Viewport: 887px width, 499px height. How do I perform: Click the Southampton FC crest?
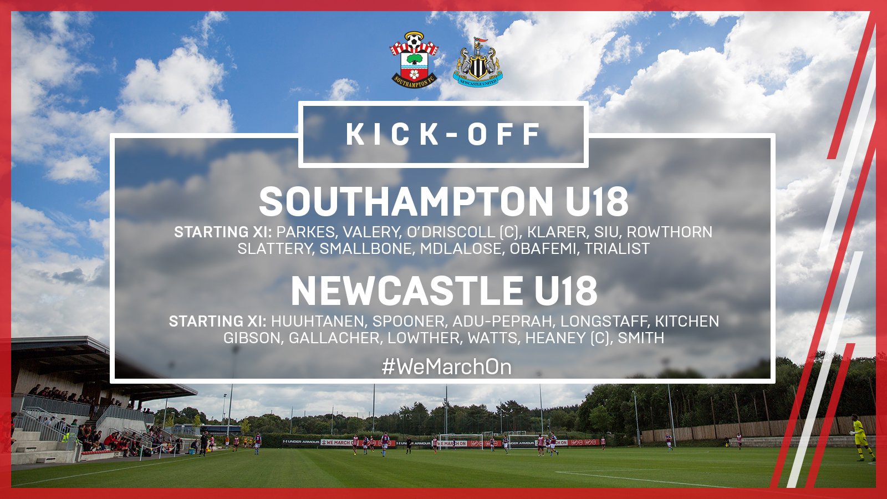pos(414,59)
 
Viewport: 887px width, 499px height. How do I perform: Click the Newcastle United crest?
pos(477,62)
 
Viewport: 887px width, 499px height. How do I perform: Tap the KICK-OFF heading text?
pos(443,134)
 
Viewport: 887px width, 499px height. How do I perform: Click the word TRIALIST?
pos(617,249)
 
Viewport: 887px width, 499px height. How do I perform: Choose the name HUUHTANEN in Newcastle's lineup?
pos(318,321)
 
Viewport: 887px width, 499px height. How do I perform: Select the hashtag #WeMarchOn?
pos(447,367)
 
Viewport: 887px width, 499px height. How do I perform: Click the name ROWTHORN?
pos(670,232)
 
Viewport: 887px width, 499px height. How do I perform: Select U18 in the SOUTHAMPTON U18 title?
pos(597,201)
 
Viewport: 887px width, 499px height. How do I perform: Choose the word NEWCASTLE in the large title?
pos(407,291)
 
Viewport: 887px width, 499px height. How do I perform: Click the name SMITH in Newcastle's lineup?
pos(641,338)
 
